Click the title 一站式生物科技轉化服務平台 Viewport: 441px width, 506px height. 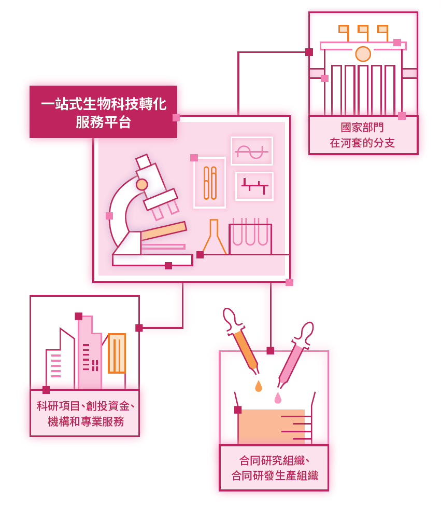coord(104,113)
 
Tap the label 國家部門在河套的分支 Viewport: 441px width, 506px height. coord(362,135)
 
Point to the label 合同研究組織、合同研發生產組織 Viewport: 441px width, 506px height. coord(275,468)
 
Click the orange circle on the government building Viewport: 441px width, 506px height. coord(363,54)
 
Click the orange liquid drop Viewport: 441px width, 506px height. coord(259,386)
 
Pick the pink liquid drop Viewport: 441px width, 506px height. coord(278,398)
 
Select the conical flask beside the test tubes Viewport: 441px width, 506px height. coord(214,237)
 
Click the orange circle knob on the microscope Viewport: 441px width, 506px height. coord(142,185)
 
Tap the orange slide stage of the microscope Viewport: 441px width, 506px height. coord(164,231)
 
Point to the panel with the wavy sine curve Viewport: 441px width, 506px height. coord(252,151)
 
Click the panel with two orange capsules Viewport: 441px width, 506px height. coord(210,183)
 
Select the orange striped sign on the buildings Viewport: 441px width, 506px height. coord(117,353)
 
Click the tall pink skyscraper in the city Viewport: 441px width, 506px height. coord(90,352)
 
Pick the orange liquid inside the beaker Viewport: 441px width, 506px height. coord(272,427)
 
